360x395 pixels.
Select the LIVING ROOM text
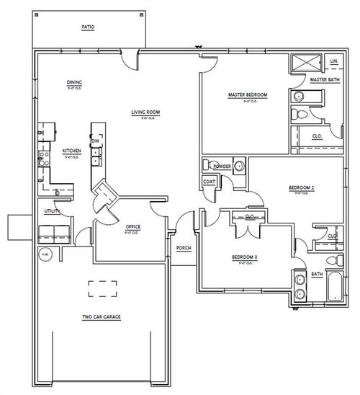pos(145,112)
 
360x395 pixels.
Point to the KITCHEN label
pos(71,151)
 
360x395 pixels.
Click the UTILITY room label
pos(50,211)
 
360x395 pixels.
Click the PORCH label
pos(184,248)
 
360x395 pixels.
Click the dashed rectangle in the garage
pos(102,289)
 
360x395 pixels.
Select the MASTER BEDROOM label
pos(248,95)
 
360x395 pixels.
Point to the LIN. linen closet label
pos(334,61)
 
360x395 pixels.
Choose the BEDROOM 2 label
pos(301,187)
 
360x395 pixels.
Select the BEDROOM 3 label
pos(245,257)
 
